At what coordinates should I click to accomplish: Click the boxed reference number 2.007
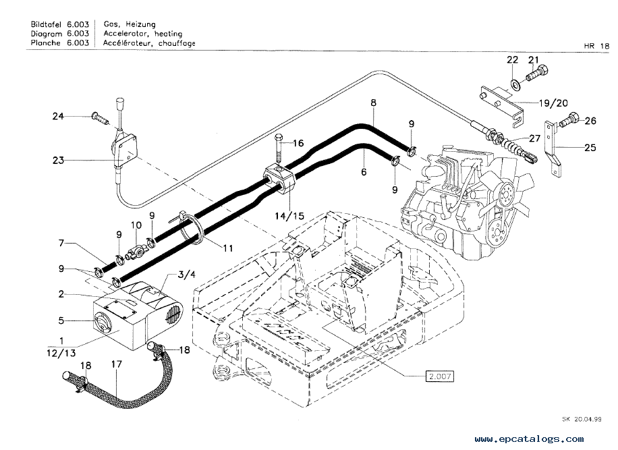click(x=439, y=376)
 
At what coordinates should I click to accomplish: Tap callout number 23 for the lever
click(x=58, y=161)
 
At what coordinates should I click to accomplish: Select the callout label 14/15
click(x=289, y=215)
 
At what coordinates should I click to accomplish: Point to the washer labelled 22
click(x=515, y=84)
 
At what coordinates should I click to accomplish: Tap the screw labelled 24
click(x=100, y=118)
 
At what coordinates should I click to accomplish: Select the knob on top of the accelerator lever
click(x=119, y=105)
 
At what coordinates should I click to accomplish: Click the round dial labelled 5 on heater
click(x=103, y=325)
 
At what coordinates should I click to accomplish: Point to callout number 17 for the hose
click(x=117, y=364)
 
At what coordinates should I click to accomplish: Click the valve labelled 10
click(x=136, y=250)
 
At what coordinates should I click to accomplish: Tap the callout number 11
click(x=228, y=248)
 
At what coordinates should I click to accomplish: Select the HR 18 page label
click(x=596, y=46)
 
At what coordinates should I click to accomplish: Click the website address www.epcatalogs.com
click(x=529, y=439)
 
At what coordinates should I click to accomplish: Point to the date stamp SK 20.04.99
click(x=582, y=419)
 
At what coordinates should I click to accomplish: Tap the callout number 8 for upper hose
click(x=373, y=103)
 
